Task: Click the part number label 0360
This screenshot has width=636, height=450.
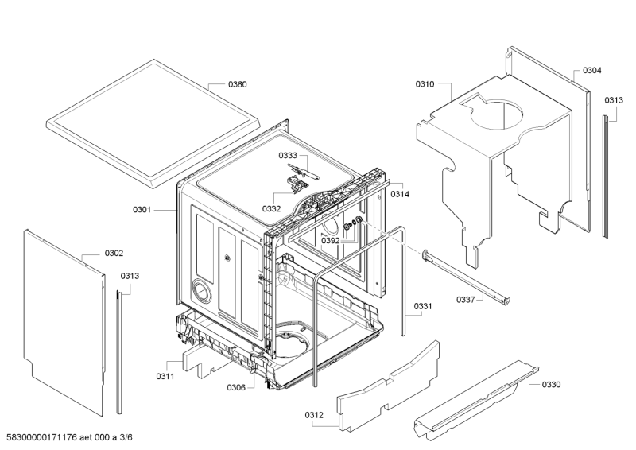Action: coord(238,84)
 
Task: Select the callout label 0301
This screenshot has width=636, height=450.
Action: coord(142,210)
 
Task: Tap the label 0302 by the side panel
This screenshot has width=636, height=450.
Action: coord(114,254)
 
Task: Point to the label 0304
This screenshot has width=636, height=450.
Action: coord(591,71)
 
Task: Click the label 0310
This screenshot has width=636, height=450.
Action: coord(425,84)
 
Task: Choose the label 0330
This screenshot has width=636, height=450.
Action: coord(551,384)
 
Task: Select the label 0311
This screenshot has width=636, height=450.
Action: coord(165,375)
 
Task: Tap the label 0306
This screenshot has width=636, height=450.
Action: coord(236,388)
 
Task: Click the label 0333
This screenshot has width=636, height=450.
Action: coord(288,156)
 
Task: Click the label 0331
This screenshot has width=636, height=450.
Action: coord(423,306)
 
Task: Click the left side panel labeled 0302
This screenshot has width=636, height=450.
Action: coord(64,318)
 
